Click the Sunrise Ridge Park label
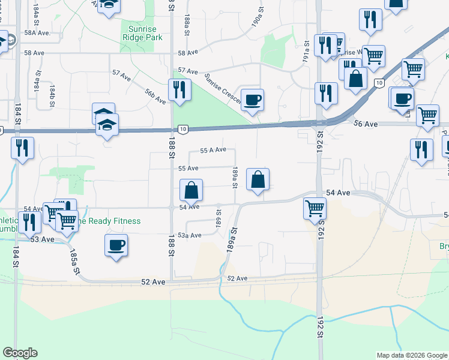pos(142,32)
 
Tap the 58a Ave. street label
pos(38,34)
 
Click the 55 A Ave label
pos(212,150)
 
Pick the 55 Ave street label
pos(188,169)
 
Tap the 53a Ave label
pos(188,235)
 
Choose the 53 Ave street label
pos(43,239)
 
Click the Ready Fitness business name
pos(110,221)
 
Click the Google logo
pos(20,353)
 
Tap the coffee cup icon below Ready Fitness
pos(116,245)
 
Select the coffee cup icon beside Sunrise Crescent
pos(252,99)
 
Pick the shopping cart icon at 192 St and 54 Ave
pos(315,208)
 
